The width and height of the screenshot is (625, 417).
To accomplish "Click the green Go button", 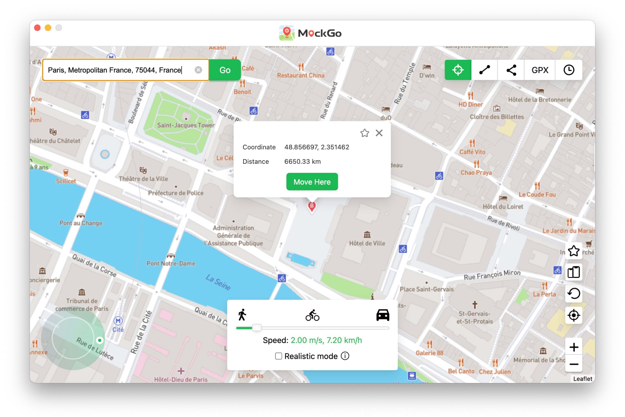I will coord(225,70).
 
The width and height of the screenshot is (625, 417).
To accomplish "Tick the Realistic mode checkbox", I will coord(278,356).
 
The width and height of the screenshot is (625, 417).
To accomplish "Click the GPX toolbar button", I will coord(540,70).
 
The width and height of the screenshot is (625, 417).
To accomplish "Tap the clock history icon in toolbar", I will coord(569,70).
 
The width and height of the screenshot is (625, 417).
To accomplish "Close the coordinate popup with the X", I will coord(379,133).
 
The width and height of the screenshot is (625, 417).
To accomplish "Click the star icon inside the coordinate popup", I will coord(365,133).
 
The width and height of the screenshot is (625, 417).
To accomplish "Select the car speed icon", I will coord(383,315).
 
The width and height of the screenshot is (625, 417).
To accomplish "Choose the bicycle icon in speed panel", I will coord(312,315).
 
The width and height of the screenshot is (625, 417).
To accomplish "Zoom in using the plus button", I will coord(574,347).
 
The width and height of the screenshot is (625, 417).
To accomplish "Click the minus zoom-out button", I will coord(574,364).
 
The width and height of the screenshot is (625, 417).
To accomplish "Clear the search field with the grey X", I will coord(198,70).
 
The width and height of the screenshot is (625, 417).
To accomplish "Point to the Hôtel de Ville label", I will coord(367,243).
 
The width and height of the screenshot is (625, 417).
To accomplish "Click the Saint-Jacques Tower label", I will coord(186,125).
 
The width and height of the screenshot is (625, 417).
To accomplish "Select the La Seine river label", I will coord(218,282).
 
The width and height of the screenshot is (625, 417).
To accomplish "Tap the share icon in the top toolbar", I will coord(511,70).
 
